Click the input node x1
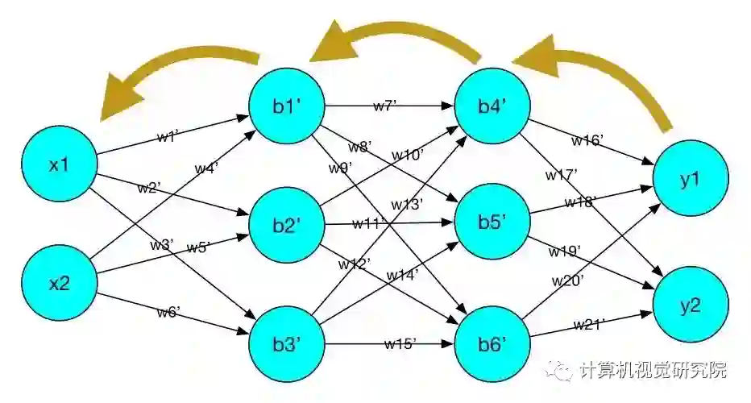(60, 165)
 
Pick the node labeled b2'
(287, 226)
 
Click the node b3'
(287, 345)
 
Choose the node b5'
(492, 223)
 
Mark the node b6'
(492, 345)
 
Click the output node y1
(691, 179)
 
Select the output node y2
(691, 305)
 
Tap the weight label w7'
(384, 106)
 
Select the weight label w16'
(587, 140)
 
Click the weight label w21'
(589, 324)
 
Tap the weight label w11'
(369, 222)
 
